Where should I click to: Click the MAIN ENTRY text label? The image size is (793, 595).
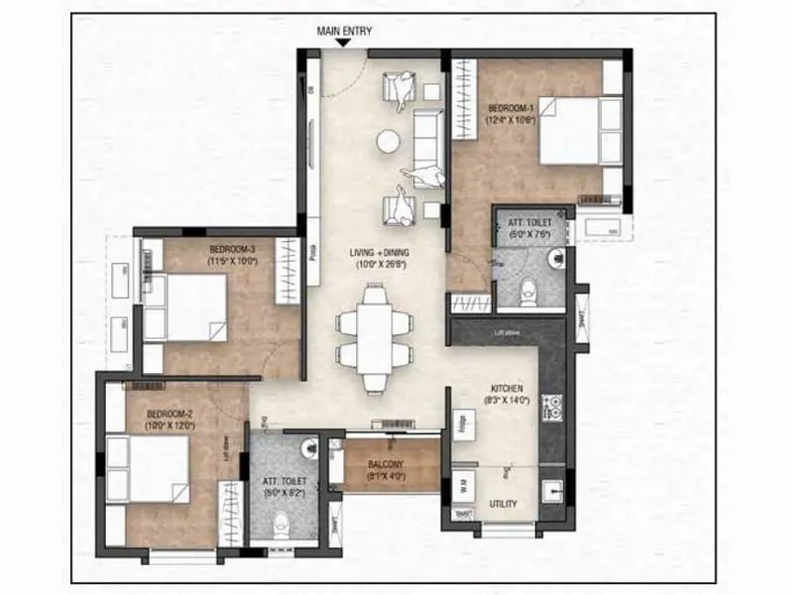(344, 31)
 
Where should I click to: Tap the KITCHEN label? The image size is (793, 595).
(507, 388)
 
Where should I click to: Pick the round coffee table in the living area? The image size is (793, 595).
(388, 143)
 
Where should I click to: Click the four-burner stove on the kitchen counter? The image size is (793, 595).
(554, 405)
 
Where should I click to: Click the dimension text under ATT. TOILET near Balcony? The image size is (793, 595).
(283, 491)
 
